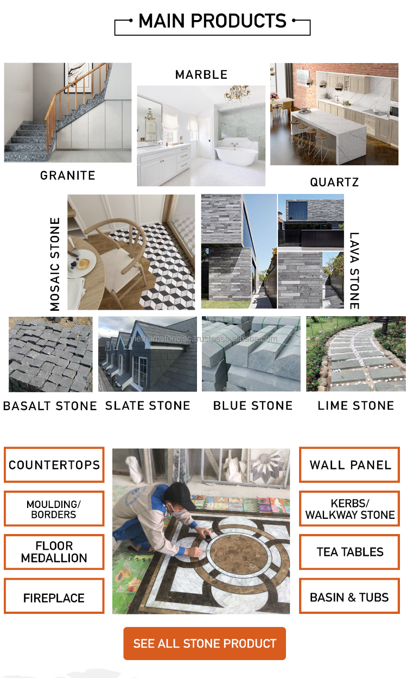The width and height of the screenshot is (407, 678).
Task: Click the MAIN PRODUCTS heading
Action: click(212, 22)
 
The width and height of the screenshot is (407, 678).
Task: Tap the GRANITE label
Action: click(68, 175)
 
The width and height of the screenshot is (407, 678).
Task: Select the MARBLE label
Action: click(201, 75)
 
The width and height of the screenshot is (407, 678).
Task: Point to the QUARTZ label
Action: click(334, 183)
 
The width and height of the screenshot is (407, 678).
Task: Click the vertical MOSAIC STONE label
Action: click(55, 264)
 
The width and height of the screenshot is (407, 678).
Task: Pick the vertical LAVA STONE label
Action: click(354, 271)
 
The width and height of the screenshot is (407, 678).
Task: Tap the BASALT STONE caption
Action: click(50, 406)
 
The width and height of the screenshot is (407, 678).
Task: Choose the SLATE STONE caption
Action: click(148, 406)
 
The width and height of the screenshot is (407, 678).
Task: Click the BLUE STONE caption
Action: click(253, 406)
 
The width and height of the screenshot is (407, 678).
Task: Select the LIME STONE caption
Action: click(356, 406)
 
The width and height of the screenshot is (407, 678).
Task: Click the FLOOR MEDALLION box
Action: click(54, 552)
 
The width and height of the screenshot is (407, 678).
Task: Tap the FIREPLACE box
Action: click(54, 598)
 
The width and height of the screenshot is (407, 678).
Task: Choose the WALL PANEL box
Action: click(350, 465)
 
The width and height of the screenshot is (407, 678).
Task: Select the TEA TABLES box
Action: click(350, 552)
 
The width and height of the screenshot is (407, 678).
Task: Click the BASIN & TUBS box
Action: click(349, 598)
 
